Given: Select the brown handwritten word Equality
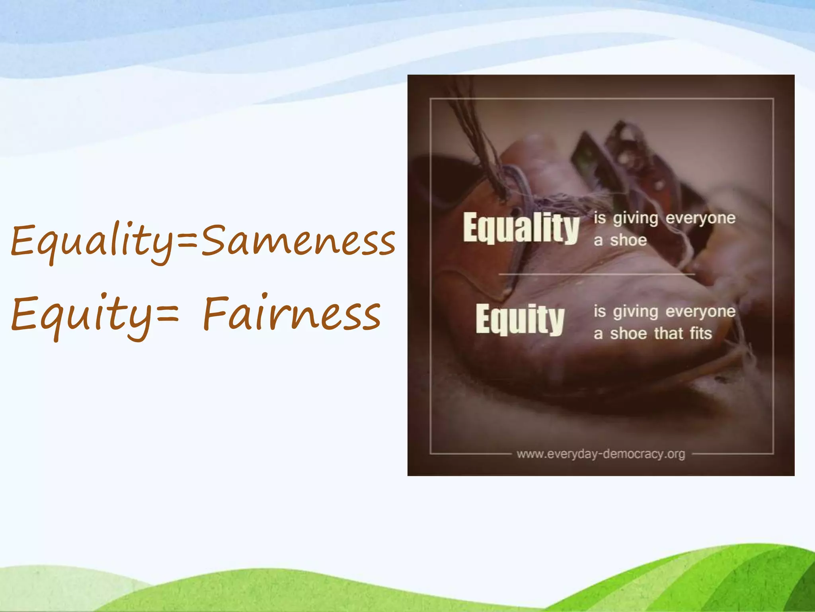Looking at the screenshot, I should (92, 241).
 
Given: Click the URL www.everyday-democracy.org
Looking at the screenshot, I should (601, 454).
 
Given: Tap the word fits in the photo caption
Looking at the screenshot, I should (701, 333).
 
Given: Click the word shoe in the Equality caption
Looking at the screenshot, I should (628, 240).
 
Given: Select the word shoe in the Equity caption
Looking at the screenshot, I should (628, 333).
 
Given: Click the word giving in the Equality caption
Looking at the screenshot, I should (635, 218).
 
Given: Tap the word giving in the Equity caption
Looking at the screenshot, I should (635, 312).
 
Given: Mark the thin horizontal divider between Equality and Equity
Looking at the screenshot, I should (597, 274).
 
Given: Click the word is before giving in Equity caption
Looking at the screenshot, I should (599, 311).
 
